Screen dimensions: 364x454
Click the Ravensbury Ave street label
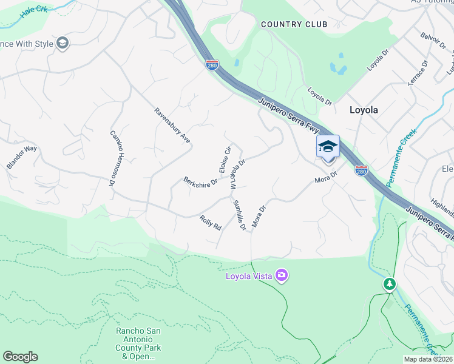point(172,126)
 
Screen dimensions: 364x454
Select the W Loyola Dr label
point(238,174)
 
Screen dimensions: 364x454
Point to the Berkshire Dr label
point(200,182)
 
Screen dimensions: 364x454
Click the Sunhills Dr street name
point(240,215)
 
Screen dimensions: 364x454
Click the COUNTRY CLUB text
point(294,24)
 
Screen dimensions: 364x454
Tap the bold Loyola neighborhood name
point(364,110)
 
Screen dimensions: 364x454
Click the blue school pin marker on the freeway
point(328,147)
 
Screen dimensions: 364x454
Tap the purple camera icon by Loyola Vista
point(281,276)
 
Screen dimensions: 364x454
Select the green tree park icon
point(389,283)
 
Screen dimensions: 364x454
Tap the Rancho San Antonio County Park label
point(138,343)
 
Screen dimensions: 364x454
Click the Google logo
point(20,357)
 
